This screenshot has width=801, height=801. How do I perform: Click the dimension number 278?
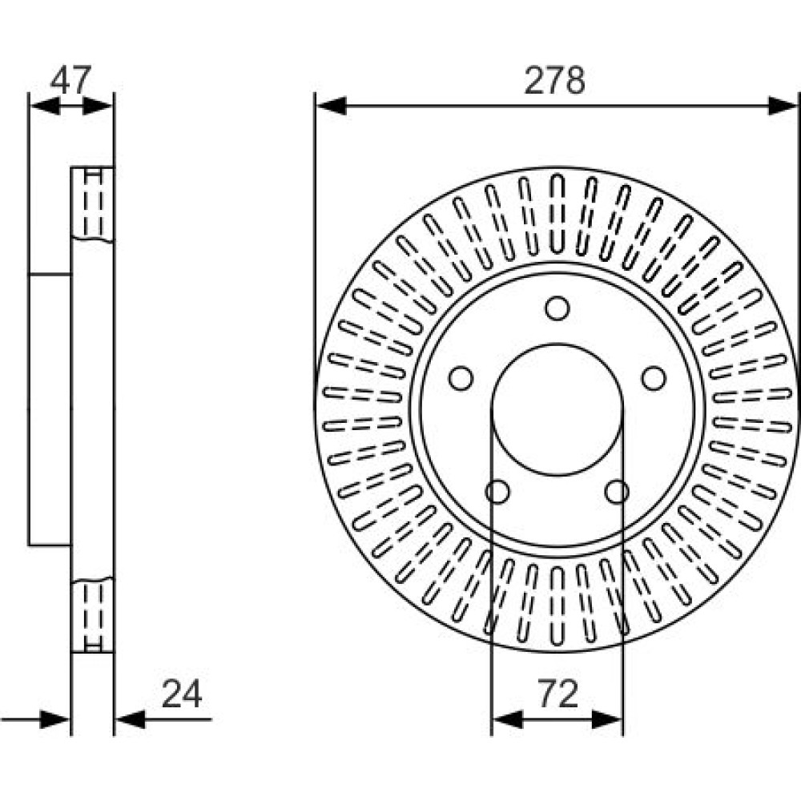tap(555, 82)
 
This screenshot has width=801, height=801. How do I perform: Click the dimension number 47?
tap(71, 80)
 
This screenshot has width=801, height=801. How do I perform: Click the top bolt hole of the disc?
tap(557, 308)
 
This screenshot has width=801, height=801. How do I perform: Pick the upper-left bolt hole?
tap(461, 377)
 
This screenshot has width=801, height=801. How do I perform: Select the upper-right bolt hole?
tap(654, 377)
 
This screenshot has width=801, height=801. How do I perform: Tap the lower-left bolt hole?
tap(497, 491)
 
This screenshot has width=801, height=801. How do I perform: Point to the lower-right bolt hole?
tap(617, 491)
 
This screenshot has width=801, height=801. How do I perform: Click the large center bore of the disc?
tap(557, 409)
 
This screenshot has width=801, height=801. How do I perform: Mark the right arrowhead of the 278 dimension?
tap(783, 105)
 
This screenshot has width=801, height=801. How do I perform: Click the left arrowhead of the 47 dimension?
tap(42, 105)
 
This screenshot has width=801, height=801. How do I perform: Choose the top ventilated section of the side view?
tap(93, 203)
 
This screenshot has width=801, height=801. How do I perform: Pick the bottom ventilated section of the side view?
tap(93, 615)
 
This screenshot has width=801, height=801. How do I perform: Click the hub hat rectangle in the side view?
tap(50, 409)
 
